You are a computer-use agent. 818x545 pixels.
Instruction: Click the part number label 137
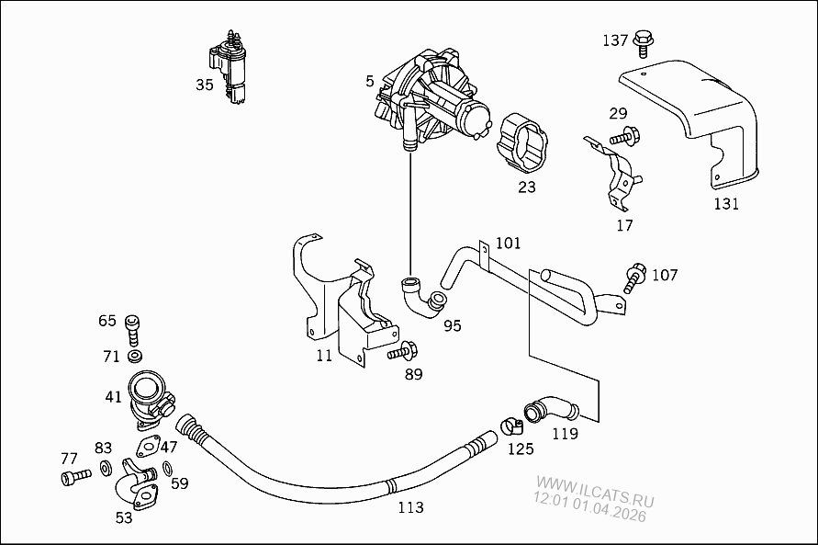pos(615,40)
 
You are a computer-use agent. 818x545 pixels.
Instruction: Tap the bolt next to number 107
pos(633,277)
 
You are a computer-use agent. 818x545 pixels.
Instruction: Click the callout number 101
pos(508,244)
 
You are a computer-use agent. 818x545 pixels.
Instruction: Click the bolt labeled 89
pos(403,350)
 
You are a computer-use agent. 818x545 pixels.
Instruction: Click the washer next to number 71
pos(136,355)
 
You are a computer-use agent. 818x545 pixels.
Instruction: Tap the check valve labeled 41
pos(149,397)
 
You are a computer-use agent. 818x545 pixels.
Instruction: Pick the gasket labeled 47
pos(145,448)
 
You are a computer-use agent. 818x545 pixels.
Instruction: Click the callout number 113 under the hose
pos(409,505)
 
